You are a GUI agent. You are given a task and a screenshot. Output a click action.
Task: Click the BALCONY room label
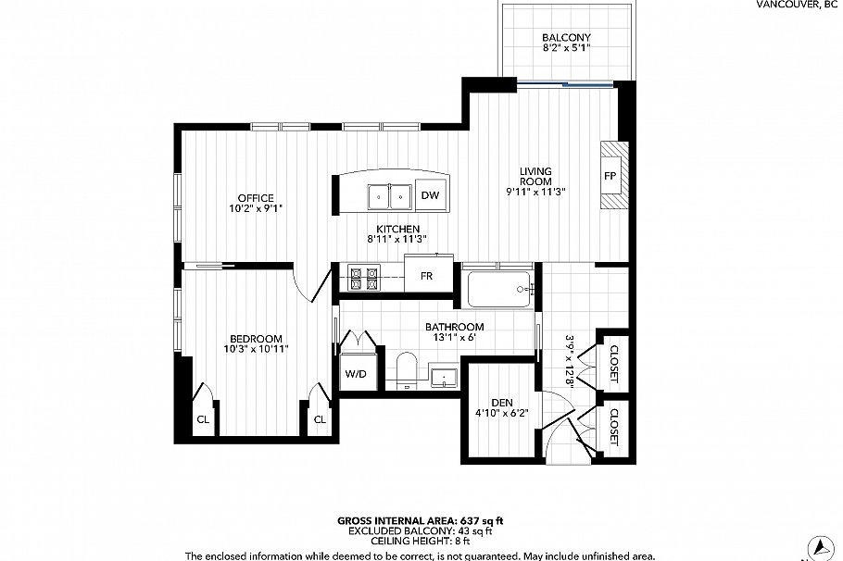tap(566, 38)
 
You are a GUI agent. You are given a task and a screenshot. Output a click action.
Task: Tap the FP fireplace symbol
tap(610, 176)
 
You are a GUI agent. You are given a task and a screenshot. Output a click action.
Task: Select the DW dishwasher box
tap(430, 195)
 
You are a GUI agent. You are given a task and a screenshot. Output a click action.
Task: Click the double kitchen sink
tap(390, 196)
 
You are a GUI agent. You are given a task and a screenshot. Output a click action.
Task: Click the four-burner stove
tap(362, 278)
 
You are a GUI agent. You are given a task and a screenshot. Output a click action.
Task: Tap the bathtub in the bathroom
tap(500, 291)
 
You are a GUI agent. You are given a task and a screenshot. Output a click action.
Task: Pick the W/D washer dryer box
tap(356, 374)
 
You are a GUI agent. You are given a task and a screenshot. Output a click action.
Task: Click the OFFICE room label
tap(255, 198)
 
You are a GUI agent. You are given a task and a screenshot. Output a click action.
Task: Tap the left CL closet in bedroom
tap(203, 419)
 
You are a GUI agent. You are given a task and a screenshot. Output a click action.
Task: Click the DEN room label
tap(501, 402)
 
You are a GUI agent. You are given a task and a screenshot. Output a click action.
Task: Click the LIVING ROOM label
tap(535, 176)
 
